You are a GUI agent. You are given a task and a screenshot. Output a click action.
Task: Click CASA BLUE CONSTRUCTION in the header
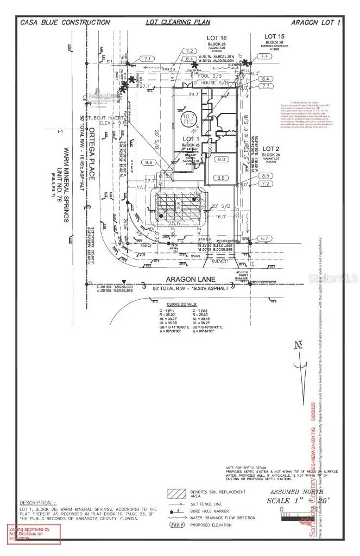(x=65, y=22)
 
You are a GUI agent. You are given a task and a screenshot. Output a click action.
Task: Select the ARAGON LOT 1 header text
(x=315, y=22)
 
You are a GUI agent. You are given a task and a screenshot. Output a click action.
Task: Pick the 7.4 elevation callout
(x=264, y=56)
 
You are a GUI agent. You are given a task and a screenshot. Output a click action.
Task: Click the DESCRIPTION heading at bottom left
(x=38, y=503)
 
